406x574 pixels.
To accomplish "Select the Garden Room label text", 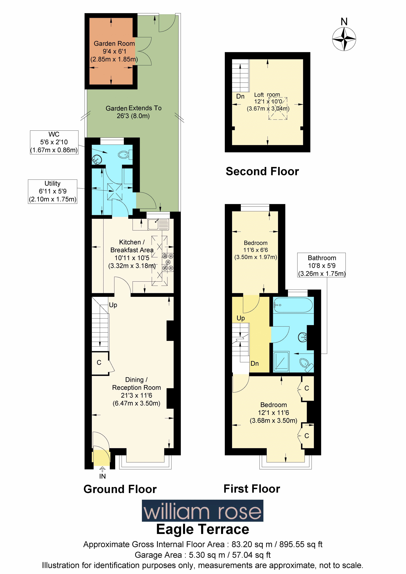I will (114, 43).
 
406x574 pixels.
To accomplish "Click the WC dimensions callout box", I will (54, 142).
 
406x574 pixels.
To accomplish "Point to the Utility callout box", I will (53, 191).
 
